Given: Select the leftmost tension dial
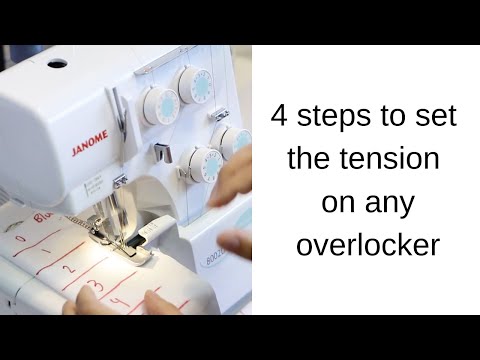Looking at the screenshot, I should click(158, 105).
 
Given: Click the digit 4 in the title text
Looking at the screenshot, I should click(280, 116).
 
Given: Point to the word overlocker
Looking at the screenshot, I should click(367, 245).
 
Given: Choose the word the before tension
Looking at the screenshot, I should click(311, 159).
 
